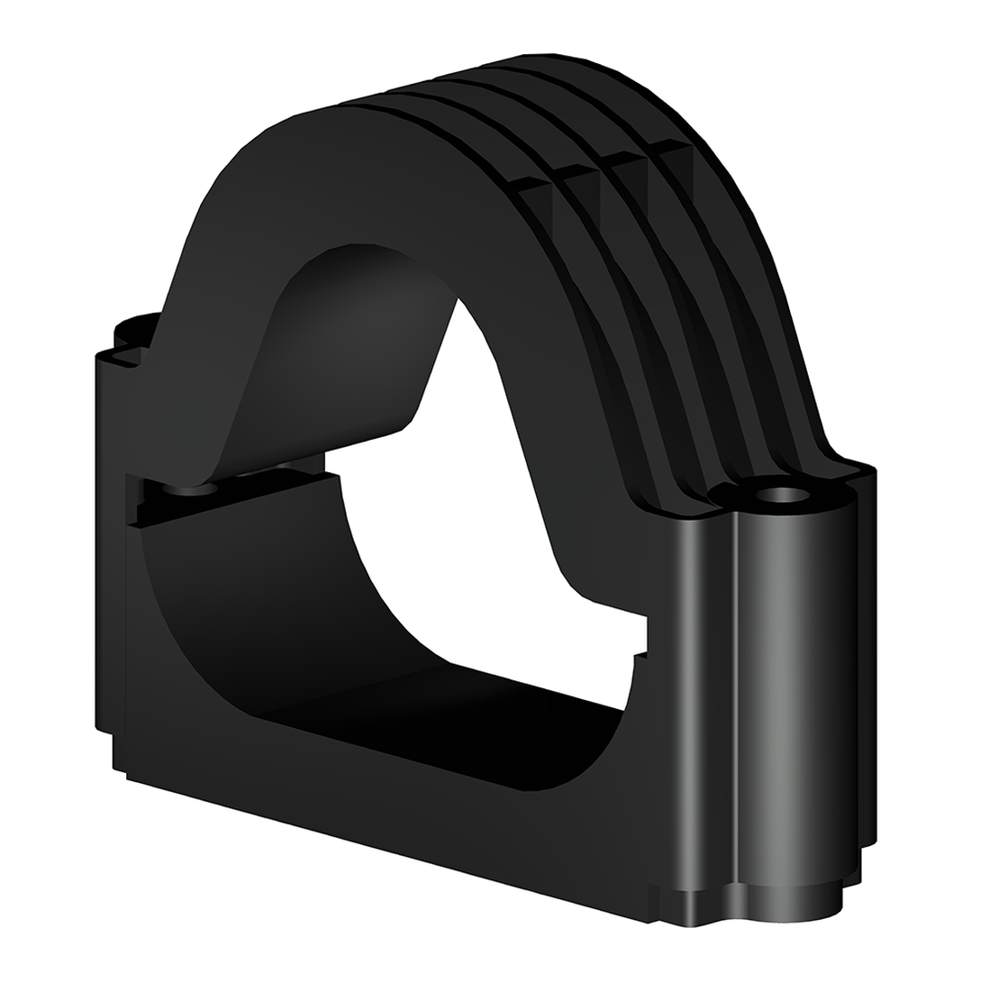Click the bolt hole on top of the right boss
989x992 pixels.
(x=781, y=495)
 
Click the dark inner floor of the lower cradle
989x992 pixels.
(x=360, y=694)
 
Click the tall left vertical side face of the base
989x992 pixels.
(x=108, y=541)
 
